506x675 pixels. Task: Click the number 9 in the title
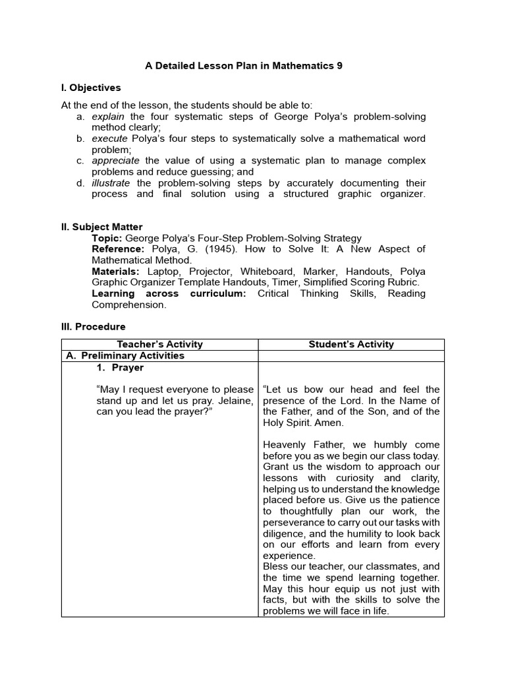339,66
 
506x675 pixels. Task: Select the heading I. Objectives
91,88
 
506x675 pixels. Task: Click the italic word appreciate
115,161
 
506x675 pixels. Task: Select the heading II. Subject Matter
101,227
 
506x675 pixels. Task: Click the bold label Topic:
107,238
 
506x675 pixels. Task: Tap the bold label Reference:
118,249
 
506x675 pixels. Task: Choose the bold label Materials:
115,272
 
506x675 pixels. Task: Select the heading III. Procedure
93,326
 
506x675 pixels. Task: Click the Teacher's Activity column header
159,344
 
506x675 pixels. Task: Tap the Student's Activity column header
351,344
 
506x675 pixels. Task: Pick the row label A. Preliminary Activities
125,356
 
